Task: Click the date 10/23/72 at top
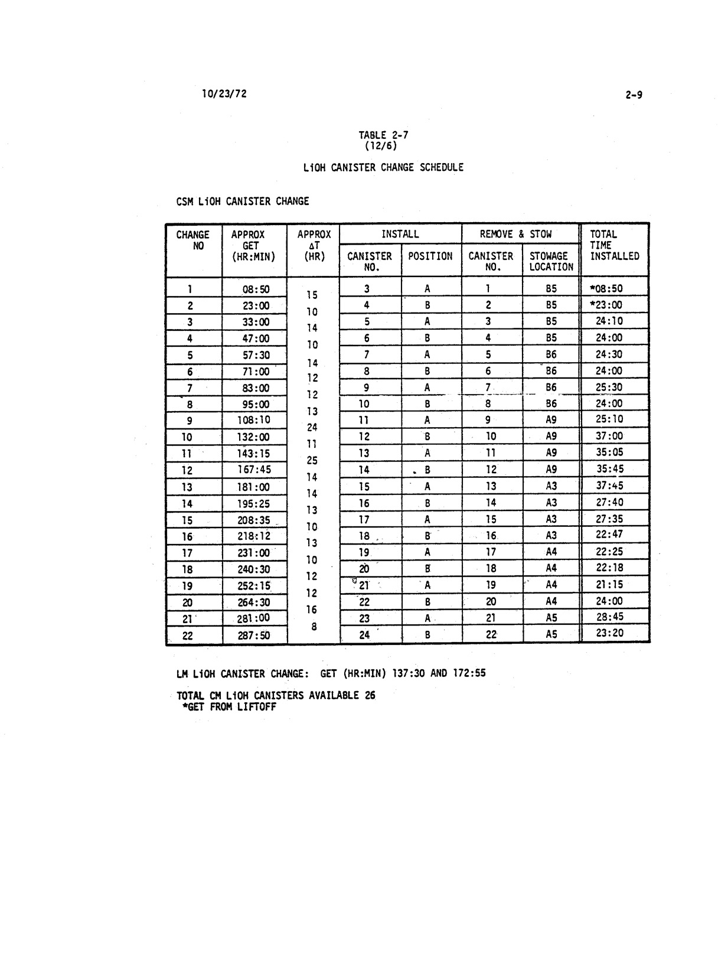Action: tap(224, 94)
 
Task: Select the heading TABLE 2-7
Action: tap(383, 135)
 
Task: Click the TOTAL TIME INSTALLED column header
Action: tap(614, 245)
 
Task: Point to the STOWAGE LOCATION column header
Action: tap(551, 261)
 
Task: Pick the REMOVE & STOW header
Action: tap(515, 234)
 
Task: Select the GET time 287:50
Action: tap(256, 635)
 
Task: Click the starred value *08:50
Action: tap(606, 289)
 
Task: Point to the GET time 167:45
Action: tap(256, 470)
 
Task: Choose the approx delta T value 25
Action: tap(312, 460)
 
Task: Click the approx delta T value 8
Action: tap(314, 626)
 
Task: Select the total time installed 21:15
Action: tap(610, 584)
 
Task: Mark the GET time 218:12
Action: tap(256, 536)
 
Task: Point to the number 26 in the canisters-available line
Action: tap(370, 695)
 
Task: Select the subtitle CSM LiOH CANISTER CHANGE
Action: tap(243, 201)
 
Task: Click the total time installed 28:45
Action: tap(610, 617)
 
